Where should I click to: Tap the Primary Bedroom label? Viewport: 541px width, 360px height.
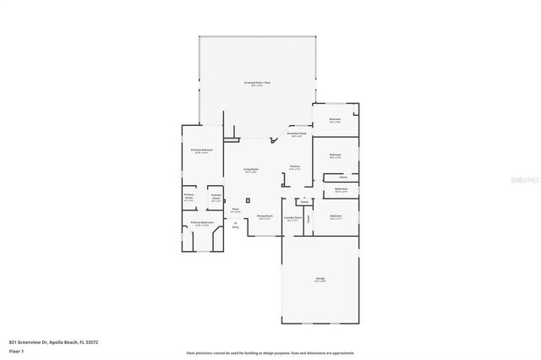[201, 151]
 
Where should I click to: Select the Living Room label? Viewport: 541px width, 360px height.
[252, 170]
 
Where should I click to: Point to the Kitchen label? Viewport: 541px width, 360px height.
[295, 167]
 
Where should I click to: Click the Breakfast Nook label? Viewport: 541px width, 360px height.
[297, 134]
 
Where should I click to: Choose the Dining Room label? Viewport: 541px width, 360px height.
[265, 216]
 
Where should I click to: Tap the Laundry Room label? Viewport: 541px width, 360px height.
[293, 216]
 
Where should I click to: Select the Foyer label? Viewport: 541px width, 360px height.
[236, 209]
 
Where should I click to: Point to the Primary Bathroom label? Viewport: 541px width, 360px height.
[201, 223]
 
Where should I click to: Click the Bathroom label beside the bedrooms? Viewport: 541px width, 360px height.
[341, 189]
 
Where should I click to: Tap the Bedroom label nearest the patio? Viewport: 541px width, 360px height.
[335, 120]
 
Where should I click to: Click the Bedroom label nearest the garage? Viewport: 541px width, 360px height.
[336, 216]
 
